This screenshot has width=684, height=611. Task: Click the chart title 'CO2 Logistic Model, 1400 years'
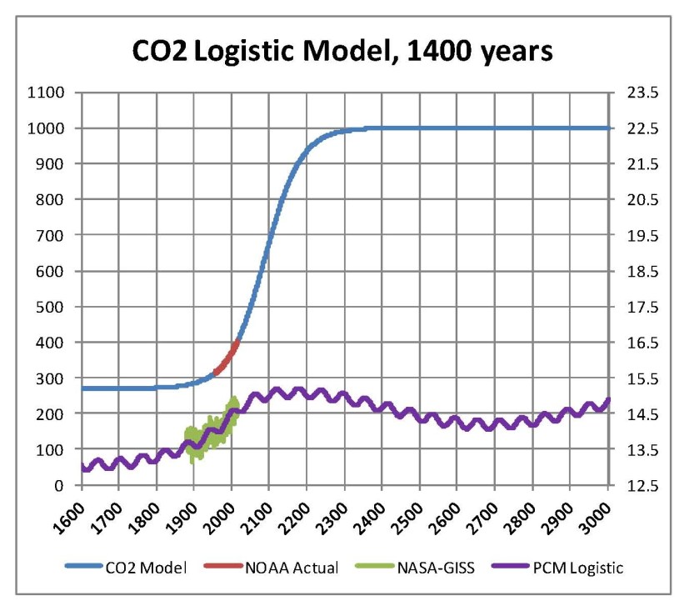coord(342,52)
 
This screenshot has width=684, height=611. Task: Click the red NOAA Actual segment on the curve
coord(227,357)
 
